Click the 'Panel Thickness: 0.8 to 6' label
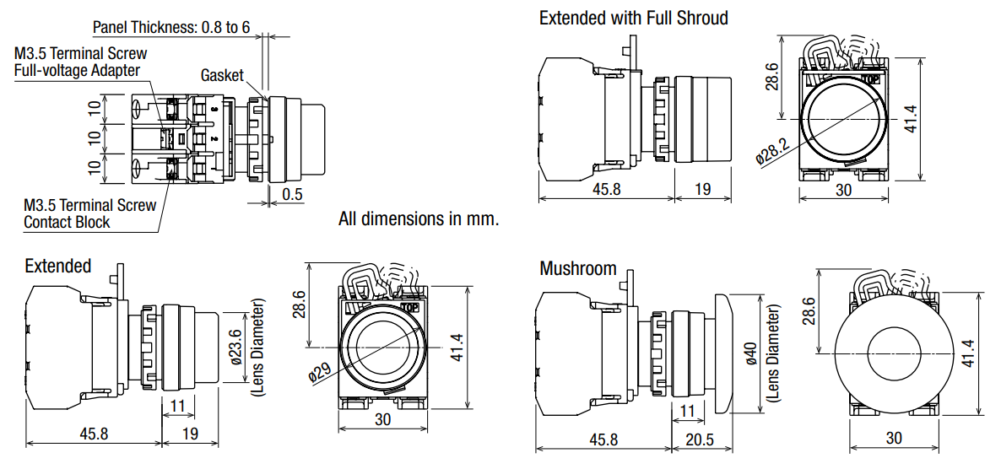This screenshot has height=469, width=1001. click(x=171, y=27)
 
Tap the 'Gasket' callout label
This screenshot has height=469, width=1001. click(x=222, y=75)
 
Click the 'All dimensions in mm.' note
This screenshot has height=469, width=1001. click(x=418, y=218)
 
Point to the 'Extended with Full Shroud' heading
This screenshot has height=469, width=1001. click(x=633, y=17)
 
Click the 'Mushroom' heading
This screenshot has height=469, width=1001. click(x=578, y=268)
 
